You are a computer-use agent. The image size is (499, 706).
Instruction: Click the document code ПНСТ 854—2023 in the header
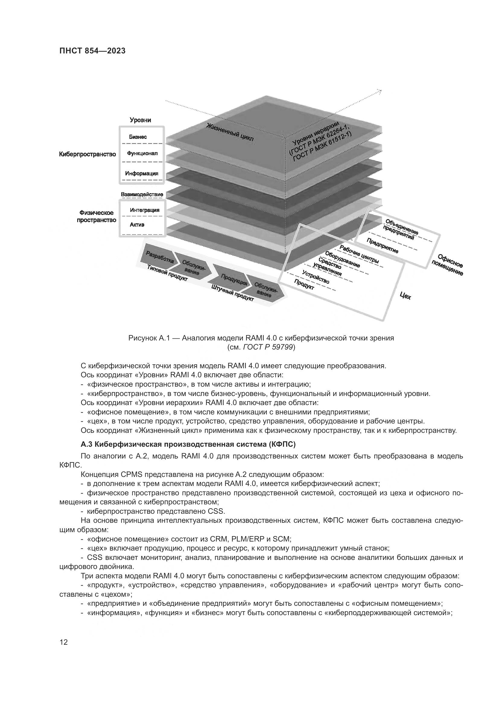pyautogui.click(x=92, y=51)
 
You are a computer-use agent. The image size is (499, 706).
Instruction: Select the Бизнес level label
pyautogui.click(x=138, y=137)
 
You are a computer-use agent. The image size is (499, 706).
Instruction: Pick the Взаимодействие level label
pyautogui.click(x=142, y=195)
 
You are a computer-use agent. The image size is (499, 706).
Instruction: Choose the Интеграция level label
pyautogui.click(x=145, y=210)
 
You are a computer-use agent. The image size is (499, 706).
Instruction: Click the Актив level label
pyautogui.click(x=137, y=225)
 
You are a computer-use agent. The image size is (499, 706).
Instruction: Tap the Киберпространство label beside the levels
pyautogui.click(x=87, y=154)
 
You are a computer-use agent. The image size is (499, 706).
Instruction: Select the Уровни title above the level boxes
pyautogui.click(x=140, y=120)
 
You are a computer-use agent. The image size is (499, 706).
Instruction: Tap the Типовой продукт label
pyautogui.click(x=167, y=273)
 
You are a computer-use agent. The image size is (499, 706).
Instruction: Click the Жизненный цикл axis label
pyautogui.click(x=230, y=133)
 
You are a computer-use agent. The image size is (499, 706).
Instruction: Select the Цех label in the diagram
pyautogui.click(x=405, y=296)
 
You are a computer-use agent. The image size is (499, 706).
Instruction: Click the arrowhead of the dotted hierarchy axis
pyautogui.click(x=380, y=91)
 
